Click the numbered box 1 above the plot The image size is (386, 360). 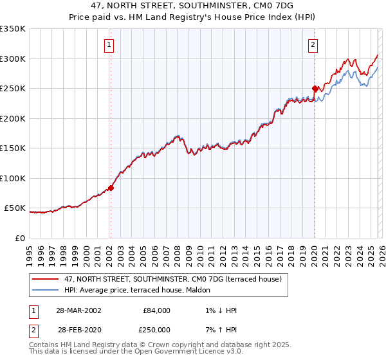109,45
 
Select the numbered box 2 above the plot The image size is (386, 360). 313,45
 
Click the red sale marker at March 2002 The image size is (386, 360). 111,188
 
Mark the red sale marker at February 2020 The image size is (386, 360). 315,89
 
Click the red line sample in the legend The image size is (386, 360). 46,280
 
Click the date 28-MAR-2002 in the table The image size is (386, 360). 79,310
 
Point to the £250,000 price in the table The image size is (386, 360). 155,329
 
